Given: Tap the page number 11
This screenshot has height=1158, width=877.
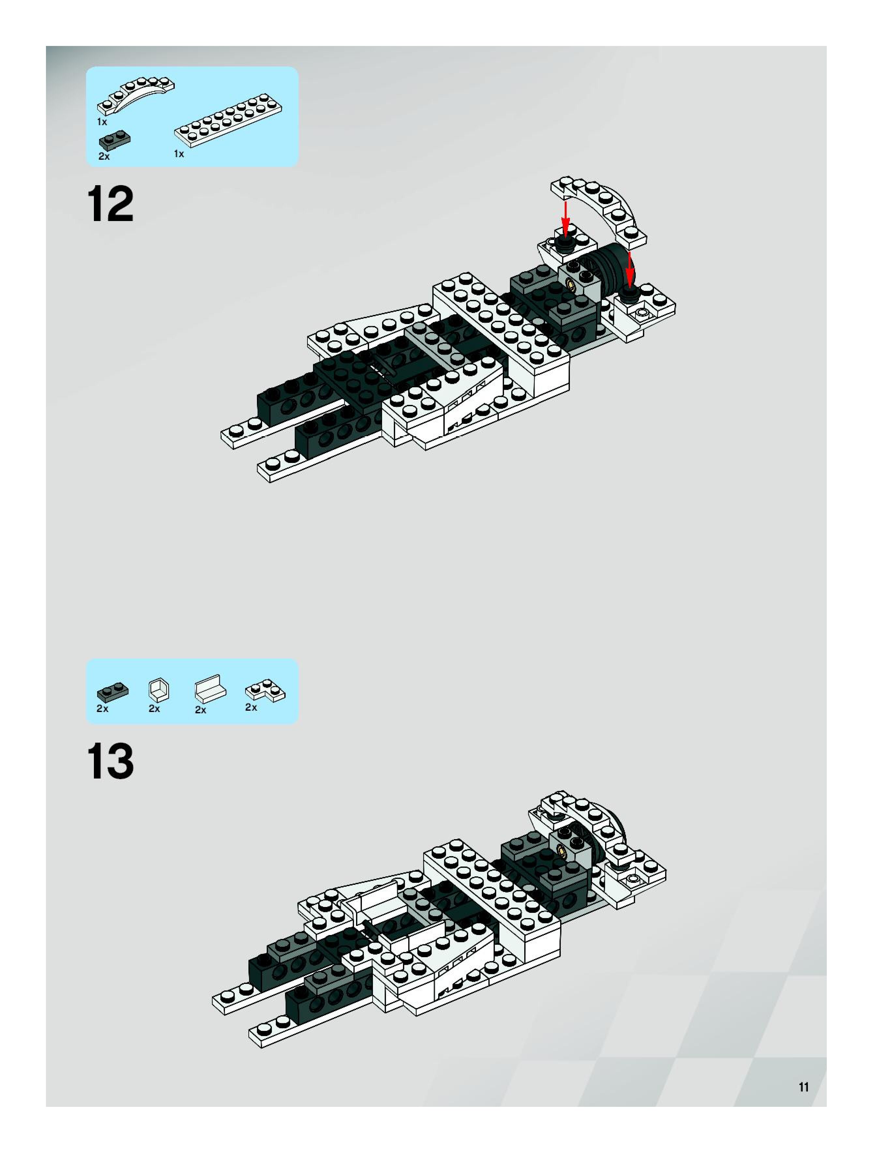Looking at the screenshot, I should pyautogui.click(x=804, y=1087).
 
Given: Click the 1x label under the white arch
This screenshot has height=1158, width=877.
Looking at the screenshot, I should pyautogui.click(x=102, y=122).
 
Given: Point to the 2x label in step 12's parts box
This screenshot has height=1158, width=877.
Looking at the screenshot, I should pyautogui.click(x=104, y=156).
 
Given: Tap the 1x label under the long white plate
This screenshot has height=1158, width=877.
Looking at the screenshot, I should pyautogui.click(x=179, y=154).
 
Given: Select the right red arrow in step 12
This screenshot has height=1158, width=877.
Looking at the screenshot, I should pyautogui.click(x=630, y=267).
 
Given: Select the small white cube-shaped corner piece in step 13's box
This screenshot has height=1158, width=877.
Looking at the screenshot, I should pyautogui.click(x=159, y=690).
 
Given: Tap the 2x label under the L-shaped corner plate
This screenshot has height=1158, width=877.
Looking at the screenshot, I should pyautogui.click(x=251, y=707).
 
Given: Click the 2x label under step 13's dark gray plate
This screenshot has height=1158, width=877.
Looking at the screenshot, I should pyautogui.click(x=102, y=708).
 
